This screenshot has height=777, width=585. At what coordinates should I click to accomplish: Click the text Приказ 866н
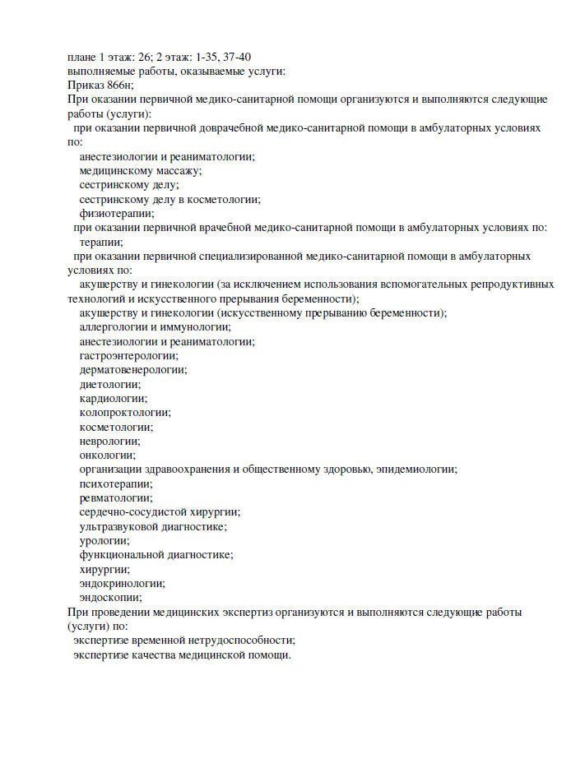100,85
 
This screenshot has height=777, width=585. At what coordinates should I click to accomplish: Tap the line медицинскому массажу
140,170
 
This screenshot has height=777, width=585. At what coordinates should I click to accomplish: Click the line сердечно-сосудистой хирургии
160,511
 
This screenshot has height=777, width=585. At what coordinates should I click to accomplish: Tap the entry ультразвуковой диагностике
153,526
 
